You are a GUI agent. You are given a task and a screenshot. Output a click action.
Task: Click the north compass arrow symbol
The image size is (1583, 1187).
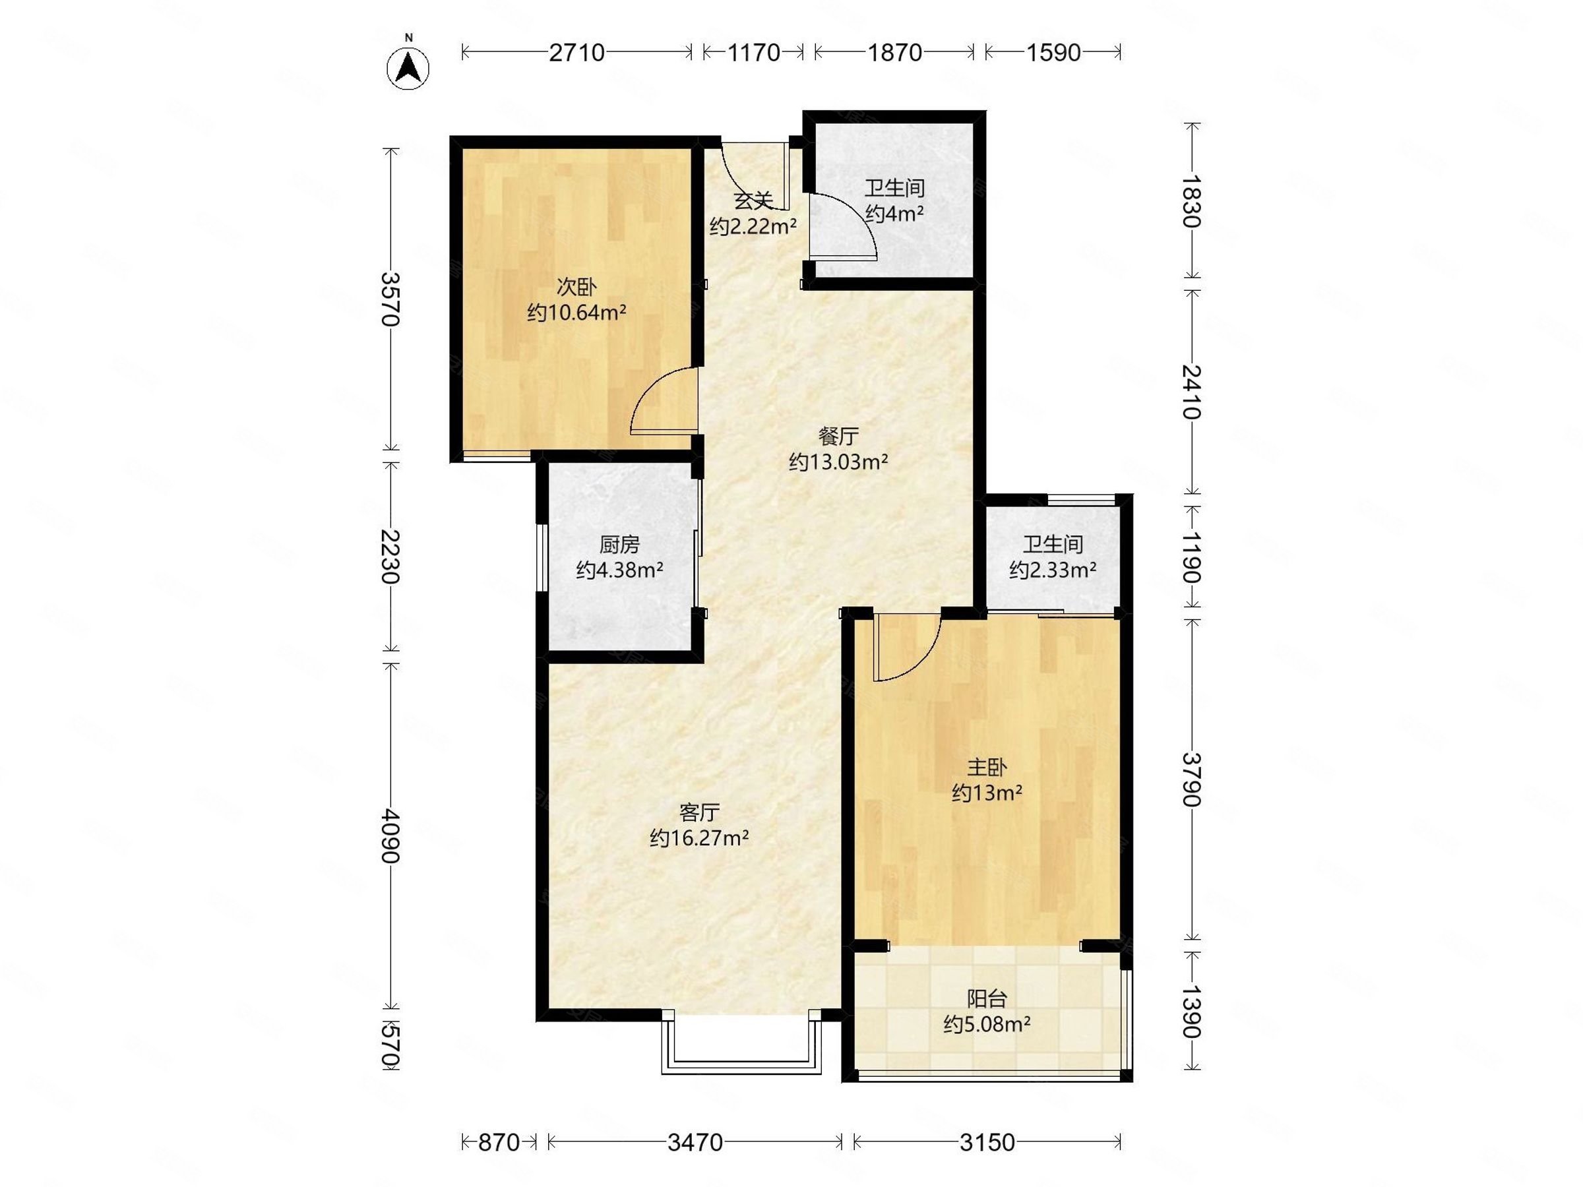[x=408, y=68]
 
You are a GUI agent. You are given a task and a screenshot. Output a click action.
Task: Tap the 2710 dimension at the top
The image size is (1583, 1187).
[x=577, y=52]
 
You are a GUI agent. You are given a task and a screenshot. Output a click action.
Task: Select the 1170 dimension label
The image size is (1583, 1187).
[x=753, y=52]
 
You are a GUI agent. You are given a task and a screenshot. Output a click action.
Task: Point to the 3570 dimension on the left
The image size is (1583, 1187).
[x=390, y=299]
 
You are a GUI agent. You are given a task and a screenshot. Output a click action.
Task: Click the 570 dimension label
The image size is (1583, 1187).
[x=390, y=1045]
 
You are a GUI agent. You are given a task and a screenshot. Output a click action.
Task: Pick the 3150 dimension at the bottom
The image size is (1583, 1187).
[x=987, y=1143]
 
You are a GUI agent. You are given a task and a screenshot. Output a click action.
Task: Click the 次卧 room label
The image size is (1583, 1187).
[x=577, y=287]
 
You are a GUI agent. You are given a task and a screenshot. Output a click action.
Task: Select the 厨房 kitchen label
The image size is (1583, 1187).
[x=620, y=545]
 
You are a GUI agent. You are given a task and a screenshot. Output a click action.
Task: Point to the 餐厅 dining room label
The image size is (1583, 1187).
[x=838, y=436]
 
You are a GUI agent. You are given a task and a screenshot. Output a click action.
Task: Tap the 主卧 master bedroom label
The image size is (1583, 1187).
[x=987, y=768]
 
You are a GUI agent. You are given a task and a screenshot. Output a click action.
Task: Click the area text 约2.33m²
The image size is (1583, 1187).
[x=1053, y=570]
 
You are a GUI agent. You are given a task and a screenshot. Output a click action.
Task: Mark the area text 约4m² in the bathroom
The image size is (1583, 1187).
[x=894, y=213]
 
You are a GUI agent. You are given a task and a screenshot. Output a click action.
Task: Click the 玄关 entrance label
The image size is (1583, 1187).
[x=753, y=200]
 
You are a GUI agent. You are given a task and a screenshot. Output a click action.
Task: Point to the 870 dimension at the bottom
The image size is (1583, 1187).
[x=498, y=1143]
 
